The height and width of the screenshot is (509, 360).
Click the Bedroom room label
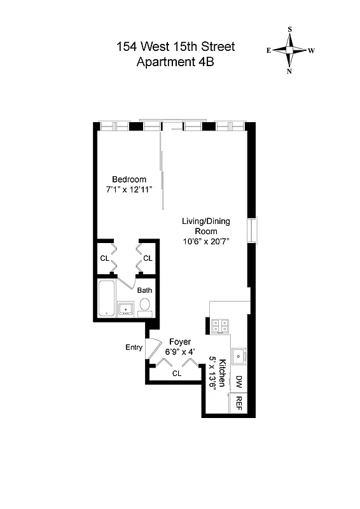129,179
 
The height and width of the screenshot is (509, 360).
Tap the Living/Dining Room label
205,227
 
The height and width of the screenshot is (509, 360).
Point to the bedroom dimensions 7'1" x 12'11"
129,190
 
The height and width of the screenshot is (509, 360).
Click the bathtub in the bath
107,299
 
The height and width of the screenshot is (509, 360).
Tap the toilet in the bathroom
145,305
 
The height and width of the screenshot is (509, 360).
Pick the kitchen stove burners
220,325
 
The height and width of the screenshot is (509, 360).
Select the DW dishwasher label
239,382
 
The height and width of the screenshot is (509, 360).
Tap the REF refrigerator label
239,403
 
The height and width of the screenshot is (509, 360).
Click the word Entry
134,347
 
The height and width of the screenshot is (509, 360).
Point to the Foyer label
180,342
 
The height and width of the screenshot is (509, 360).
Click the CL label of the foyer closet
176,373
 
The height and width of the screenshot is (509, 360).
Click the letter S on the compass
290,29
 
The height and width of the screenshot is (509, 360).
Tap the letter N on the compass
289,71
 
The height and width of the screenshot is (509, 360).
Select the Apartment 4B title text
176,62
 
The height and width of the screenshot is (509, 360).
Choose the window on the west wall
253,230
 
